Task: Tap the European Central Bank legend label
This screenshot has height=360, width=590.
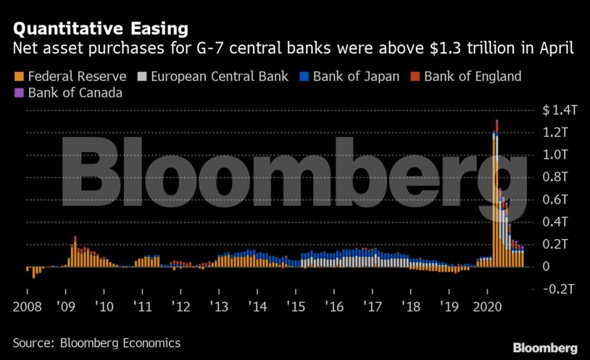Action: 221,76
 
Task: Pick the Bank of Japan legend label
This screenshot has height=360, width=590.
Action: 357,76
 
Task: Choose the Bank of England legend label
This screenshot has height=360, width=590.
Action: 473,76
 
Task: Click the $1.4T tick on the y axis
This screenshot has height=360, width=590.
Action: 560,110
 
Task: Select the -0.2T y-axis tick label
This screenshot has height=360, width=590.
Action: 560,289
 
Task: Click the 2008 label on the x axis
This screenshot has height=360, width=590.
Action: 26,306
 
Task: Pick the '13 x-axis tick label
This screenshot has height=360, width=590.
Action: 220,306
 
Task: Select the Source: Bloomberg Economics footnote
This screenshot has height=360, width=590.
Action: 96,342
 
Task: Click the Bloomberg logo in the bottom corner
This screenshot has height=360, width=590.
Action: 545,348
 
